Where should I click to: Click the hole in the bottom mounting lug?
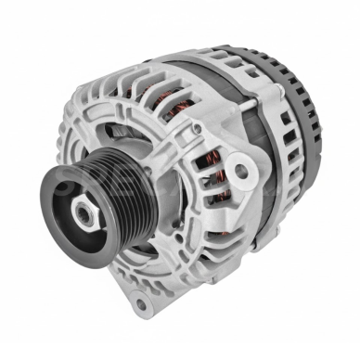pyautogui.click(x=140, y=304)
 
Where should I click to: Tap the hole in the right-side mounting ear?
pyautogui.click(x=242, y=171)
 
